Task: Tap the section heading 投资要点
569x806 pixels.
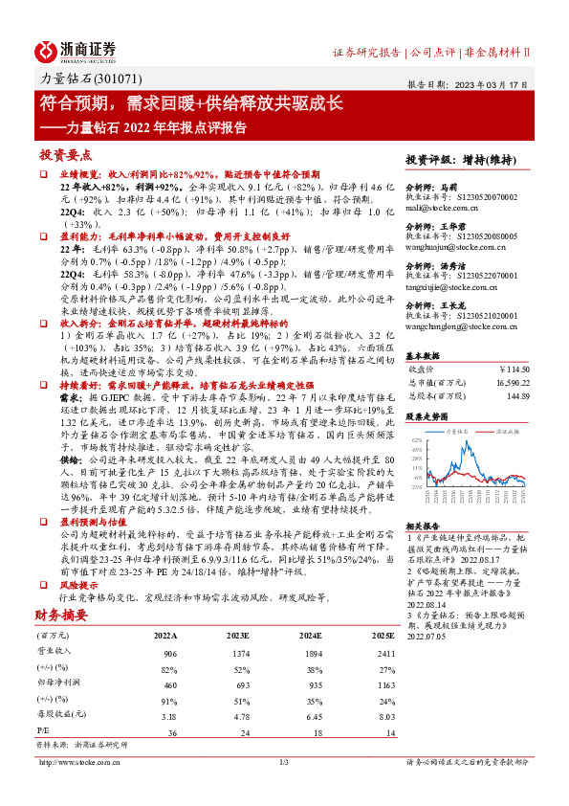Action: click(66, 154)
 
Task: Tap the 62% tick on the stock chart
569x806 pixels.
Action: click(418, 439)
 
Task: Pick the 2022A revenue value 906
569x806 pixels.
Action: click(170, 651)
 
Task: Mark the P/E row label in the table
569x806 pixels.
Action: click(44, 732)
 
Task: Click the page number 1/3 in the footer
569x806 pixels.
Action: click(284, 763)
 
